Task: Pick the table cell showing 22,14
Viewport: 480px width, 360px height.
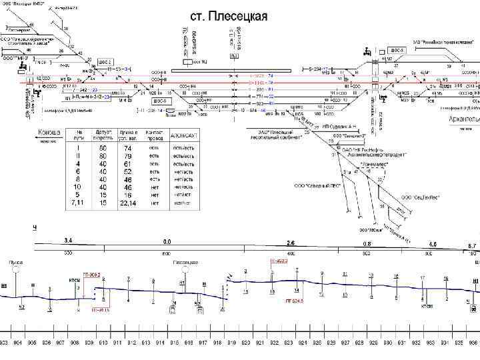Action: point(127,203)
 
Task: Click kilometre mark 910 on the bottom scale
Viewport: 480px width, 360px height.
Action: point(103,343)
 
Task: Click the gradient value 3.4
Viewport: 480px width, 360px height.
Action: point(68,239)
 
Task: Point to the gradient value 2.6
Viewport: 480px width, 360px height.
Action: point(291,243)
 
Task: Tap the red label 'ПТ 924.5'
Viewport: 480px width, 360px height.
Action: point(293,301)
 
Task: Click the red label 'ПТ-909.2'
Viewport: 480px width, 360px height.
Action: point(91,273)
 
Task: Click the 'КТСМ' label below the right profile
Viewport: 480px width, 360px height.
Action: point(427,305)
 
